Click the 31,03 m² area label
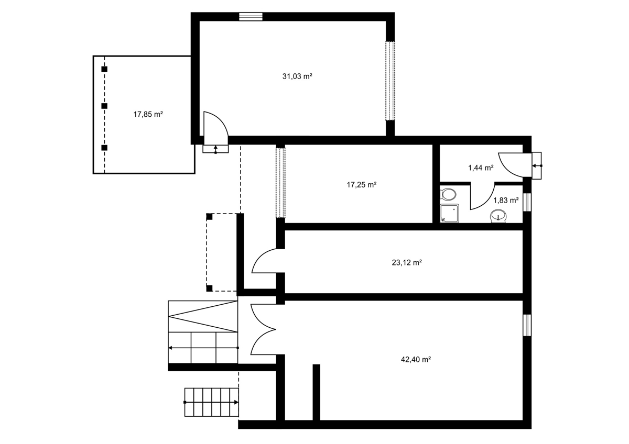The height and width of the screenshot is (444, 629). pos(297,76)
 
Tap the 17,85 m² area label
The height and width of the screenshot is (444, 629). pos(148,115)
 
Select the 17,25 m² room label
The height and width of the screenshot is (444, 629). pos(361,185)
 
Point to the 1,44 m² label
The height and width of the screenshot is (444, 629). pos(481,168)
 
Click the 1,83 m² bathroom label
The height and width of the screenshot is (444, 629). pos(506,201)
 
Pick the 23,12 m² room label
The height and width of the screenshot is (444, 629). pos(407,262)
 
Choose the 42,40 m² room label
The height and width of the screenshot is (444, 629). pos(416,360)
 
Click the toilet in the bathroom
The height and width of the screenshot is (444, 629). pos(448,194)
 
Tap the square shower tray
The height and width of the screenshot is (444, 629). pos(449,214)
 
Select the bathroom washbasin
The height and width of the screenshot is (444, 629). pos(498,216)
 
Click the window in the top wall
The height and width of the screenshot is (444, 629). pos(251,17)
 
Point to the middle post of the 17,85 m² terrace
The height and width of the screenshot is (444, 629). pos(104,106)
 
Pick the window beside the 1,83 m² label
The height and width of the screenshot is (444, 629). pos(527,202)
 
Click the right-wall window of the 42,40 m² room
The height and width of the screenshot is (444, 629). pos(527,325)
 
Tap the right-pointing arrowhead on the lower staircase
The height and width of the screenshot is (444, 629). pos(236,402)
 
